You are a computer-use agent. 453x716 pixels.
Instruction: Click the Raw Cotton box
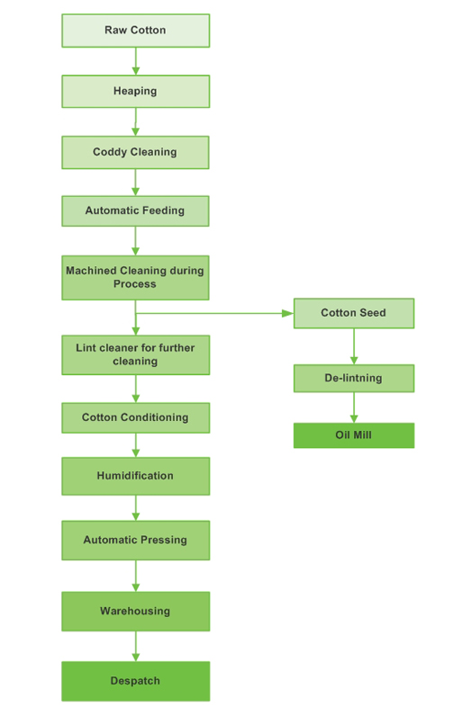pos(135,31)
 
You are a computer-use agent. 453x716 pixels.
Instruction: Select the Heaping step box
pos(135,91)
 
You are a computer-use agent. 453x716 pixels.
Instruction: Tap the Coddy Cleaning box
pos(135,152)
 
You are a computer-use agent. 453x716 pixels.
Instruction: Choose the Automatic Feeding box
pos(135,210)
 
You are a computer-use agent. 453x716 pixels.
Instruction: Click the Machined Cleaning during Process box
pos(135,277)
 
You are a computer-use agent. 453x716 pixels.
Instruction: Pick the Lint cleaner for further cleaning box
pos(135,354)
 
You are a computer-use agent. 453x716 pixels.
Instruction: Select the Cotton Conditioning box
pos(135,417)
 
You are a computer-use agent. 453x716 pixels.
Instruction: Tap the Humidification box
pos(135,476)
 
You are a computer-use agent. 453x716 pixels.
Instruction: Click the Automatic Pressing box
pos(135,540)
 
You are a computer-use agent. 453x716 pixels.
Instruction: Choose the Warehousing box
pos(135,611)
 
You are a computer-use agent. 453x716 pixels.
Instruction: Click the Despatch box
pos(135,681)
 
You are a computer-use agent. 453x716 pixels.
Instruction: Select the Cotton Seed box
pos(353,313)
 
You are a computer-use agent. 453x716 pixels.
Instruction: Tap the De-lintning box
pos(353,378)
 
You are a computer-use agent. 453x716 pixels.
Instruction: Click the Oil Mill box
pos(353,435)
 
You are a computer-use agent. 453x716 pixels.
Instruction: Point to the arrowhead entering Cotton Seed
pos(288,313)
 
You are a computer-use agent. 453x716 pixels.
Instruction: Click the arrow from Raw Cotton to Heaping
pos(135,61)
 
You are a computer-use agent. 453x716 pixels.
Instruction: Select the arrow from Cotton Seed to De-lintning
pos(353,346)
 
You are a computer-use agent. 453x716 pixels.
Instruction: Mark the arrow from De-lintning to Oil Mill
pos(353,407)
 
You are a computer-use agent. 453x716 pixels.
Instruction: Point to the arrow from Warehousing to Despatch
pos(135,646)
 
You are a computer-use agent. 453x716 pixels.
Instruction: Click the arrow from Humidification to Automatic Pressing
pos(135,507)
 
